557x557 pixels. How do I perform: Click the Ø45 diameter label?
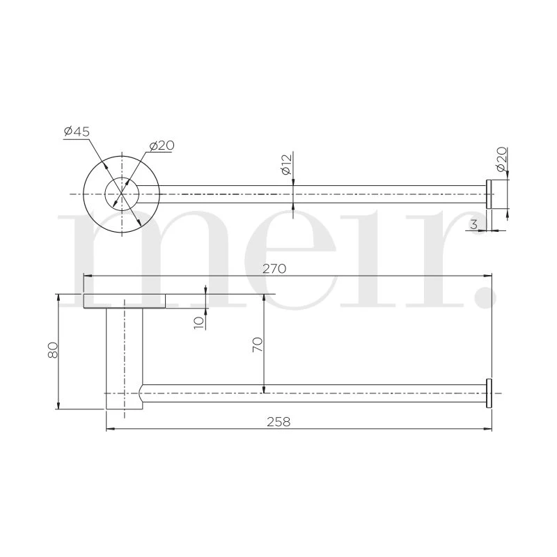77,132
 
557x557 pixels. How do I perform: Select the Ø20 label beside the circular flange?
161,145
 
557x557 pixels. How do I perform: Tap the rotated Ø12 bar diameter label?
286,166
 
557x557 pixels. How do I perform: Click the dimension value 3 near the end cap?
473,224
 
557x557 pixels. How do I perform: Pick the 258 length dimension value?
278,421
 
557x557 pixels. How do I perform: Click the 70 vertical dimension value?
257,345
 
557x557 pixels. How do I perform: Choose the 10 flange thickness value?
199,322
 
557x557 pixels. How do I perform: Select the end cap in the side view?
489,393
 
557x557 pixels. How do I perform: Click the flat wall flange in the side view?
125,301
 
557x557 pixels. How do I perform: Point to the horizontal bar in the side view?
313,393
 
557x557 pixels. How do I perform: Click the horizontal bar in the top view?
313,194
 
